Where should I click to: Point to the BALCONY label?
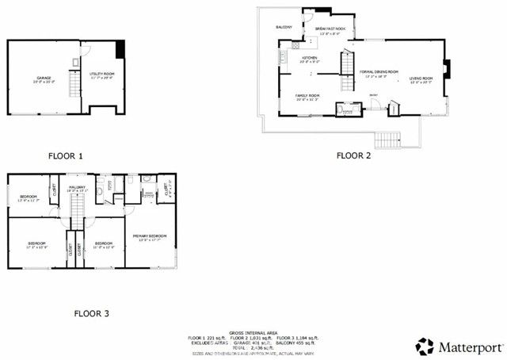coord(284,27)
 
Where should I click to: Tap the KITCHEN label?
coord(308,58)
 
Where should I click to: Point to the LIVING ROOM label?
coord(421,78)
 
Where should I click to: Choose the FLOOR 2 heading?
coord(353,155)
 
